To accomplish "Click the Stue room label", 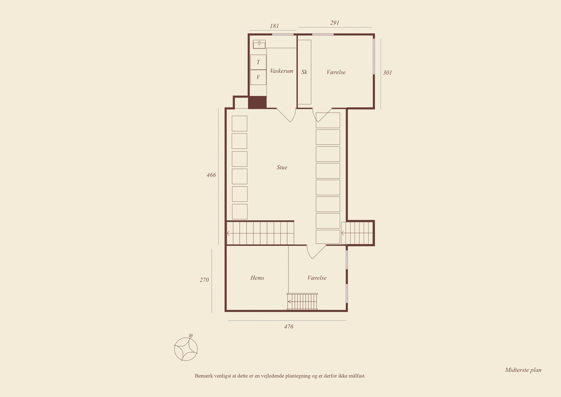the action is [x=282, y=167].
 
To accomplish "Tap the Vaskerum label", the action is [x=282, y=71].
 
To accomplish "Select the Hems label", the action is [x=257, y=278].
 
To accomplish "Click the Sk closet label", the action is [x=304, y=72].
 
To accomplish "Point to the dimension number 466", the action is [x=211, y=175].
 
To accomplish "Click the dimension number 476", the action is [x=289, y=326].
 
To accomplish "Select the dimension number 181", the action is [x=274, y=26].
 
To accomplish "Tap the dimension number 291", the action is [x=334, y=23].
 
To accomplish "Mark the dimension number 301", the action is [x=387, y=73].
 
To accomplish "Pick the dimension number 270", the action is [x=204, y=280].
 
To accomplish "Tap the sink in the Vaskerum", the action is [x=259, y=44].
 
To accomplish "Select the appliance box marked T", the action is [x=258, y=62].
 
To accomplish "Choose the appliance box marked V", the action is [x=258, y=77].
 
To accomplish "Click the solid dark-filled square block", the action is [x=257, y=102].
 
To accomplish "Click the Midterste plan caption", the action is [x=523, y=370].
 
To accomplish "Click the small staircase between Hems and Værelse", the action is [x=302, y=302].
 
